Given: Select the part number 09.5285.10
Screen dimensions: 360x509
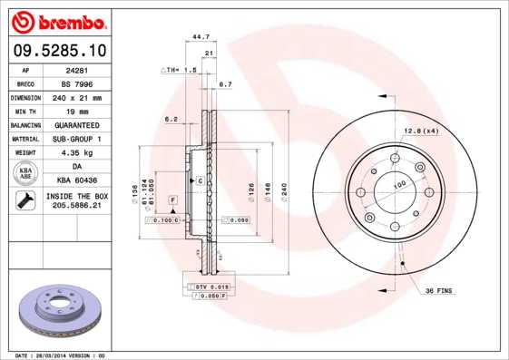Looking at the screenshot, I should [57, 50].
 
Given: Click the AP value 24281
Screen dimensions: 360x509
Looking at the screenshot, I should [76, 69].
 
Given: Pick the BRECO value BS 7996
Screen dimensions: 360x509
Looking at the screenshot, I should [77, 83].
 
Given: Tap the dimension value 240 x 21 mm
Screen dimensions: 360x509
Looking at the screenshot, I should [77, 97].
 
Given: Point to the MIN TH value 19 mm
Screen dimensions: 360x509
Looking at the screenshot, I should [77, 111].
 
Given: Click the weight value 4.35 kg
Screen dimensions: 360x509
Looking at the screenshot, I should [77, 152].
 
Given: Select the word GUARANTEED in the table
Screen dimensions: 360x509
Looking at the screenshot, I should [77, 124].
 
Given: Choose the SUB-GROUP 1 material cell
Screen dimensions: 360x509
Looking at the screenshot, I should [77, 139].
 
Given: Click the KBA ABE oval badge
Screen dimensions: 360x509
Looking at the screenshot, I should [25, 174].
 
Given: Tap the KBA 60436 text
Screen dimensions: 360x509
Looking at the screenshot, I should [77, 180].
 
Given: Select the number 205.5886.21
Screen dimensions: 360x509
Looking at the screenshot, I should [77, 207].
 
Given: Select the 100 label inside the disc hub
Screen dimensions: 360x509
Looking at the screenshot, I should [398, 185].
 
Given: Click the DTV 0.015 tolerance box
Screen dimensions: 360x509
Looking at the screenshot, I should [211, 287].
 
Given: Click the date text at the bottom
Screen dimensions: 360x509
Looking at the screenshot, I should [61, 355].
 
